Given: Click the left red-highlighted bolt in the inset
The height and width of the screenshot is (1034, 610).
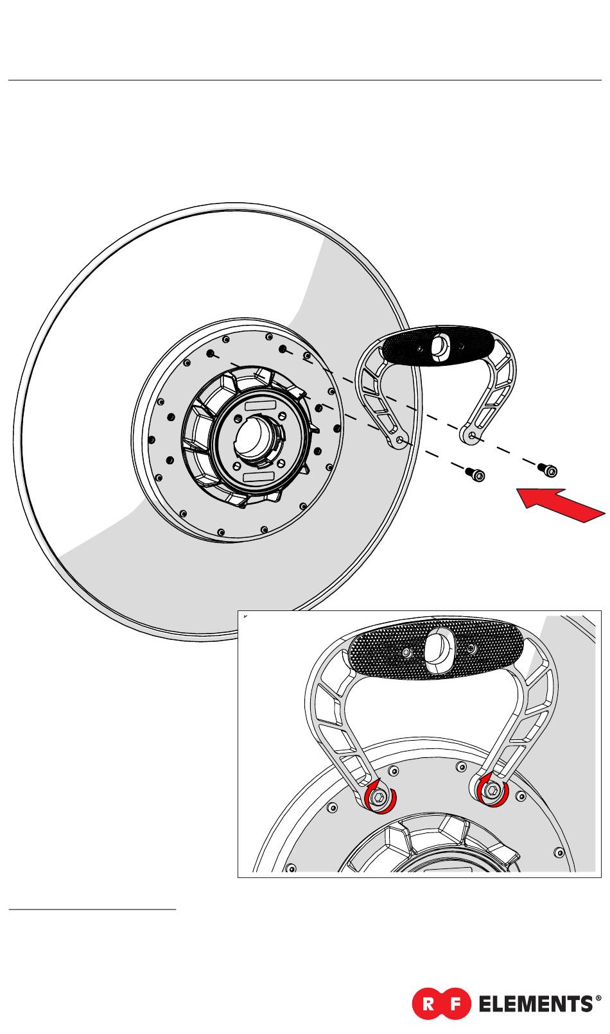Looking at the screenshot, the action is click(x=379, y=798).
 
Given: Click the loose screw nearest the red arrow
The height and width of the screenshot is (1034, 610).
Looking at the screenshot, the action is click(x=548, y=470).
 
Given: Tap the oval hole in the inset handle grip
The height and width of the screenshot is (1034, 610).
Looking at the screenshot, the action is click(x=439, y=648).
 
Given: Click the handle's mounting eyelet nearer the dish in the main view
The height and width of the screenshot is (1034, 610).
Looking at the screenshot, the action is click(x=400, y=440).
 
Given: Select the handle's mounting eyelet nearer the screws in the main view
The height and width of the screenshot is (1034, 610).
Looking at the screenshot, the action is click(x=473, y=436).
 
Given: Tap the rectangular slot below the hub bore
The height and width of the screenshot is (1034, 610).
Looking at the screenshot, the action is click(x=259, y=476).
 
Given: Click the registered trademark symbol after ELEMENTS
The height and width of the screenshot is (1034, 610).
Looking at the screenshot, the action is click(x=598, y=999).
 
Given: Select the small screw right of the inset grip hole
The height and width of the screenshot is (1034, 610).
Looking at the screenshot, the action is click(x=472, y=649).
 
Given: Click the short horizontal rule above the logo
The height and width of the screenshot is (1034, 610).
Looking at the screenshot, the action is click(x=92, y=909).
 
